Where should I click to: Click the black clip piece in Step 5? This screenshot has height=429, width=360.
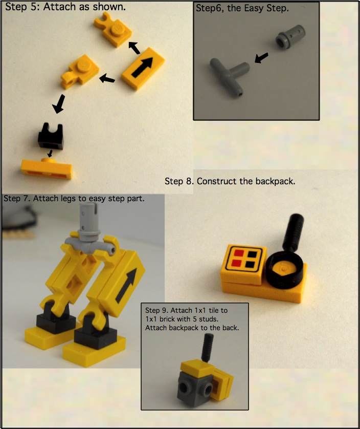pyautogui.click(x=50, y=136)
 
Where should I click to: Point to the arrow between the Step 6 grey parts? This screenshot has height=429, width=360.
pyautogui.click(x=261, y=58)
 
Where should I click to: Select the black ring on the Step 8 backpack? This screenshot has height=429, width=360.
pyautogui.click(x=284, y=270)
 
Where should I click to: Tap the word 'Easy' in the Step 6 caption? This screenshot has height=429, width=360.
pyautogui.click(x=254, y=8)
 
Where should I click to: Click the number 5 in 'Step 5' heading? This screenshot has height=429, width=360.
pyautogui.click(x=38, y=7)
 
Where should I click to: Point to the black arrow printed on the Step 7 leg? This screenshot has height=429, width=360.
pyautogui.click(x=126, y=285)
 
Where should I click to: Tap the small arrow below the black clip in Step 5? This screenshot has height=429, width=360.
pyautogui.click(x=50, y=153)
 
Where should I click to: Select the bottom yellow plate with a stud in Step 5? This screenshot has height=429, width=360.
pyautogui.click(x=47, y=168)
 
